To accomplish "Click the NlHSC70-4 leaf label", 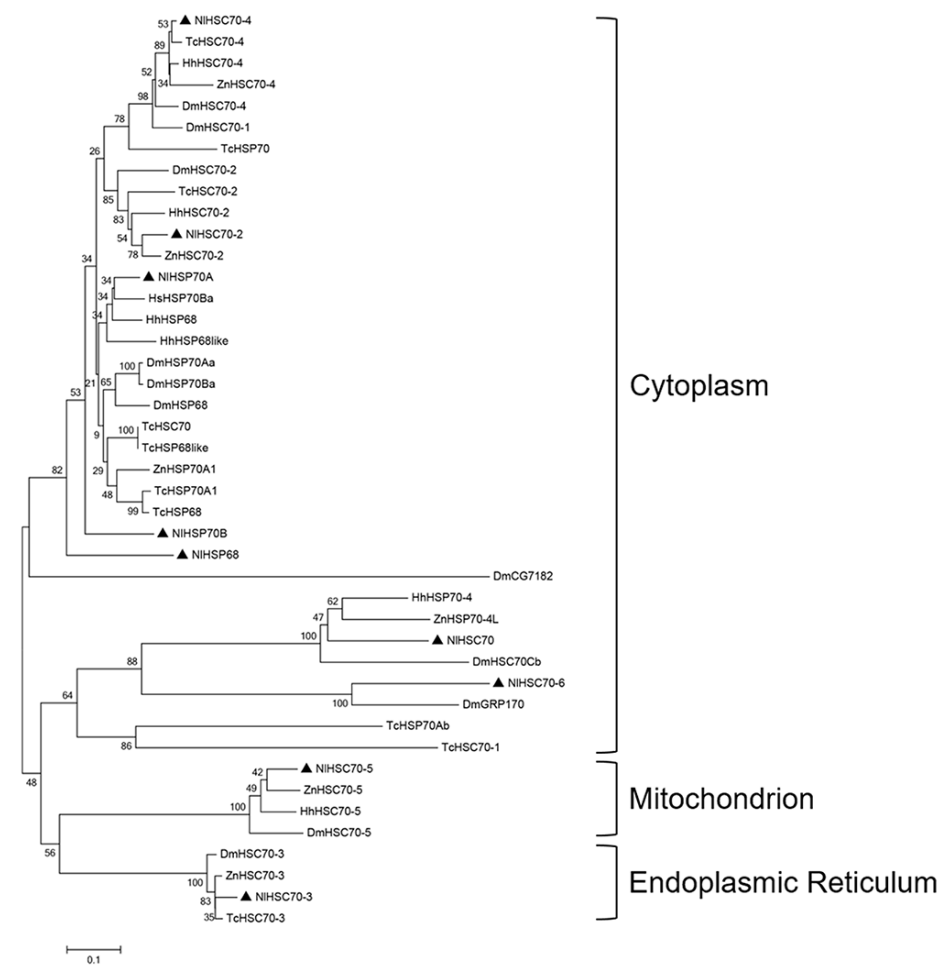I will tap(223, 21).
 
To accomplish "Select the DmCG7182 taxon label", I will tap(523, 576).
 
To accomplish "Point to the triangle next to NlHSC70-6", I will tap(498, 682).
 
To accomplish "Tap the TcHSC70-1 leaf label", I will tap(470, 747).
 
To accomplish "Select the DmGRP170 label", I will tap(493, 704).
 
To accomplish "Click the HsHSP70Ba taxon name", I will tap(181, 298).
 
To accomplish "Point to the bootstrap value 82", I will tap(57, 470).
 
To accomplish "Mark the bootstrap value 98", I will tap(143, 96).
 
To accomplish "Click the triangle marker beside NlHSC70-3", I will tap(246, 896).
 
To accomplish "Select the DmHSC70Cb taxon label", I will tap(506, 662).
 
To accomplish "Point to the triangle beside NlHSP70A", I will tap(149, 276).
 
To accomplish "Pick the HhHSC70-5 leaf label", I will tap(330, 811).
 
